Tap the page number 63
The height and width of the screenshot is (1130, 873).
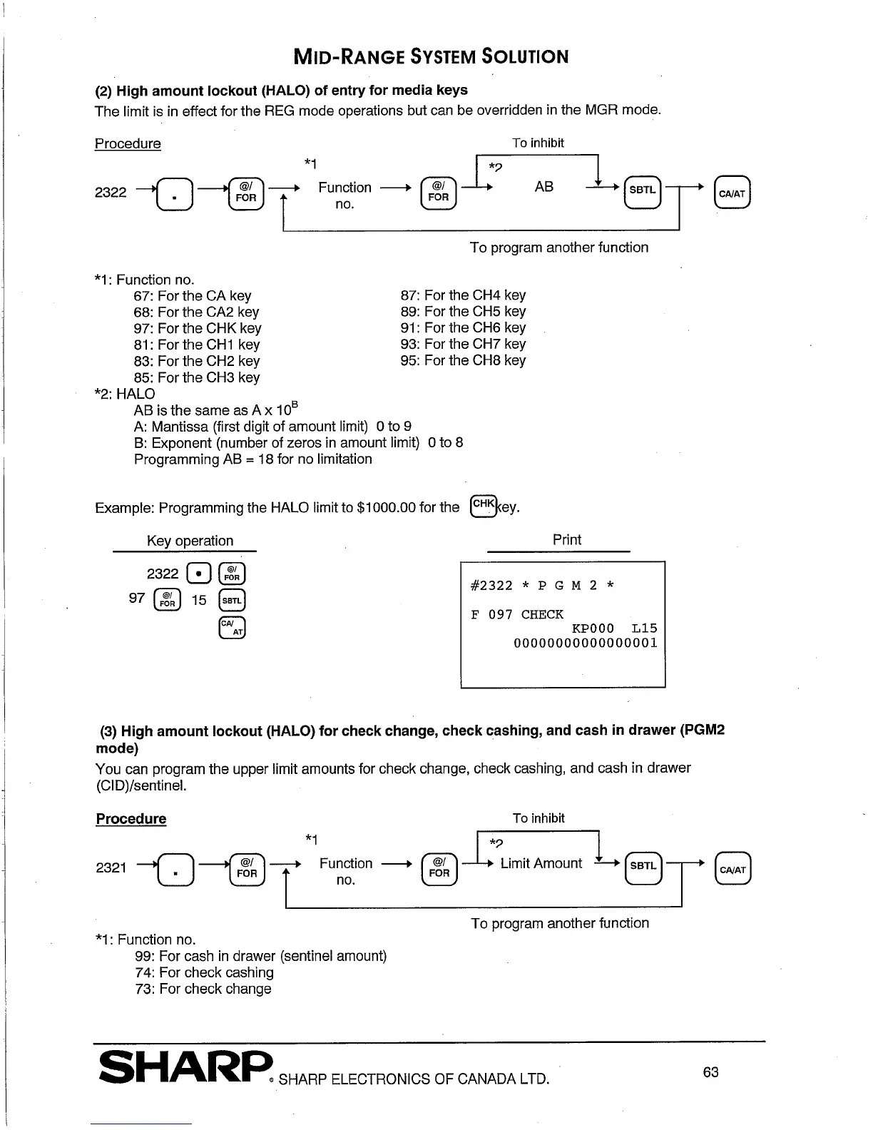pos(710,1072)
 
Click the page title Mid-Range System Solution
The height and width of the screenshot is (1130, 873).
pos(431,56)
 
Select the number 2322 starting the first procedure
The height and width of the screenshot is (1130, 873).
pos(111,192)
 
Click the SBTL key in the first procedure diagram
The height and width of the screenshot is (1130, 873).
pos(643,190)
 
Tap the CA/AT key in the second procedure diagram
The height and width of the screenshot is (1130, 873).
pos(732,869)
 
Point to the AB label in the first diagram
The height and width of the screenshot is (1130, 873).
pos(543,187)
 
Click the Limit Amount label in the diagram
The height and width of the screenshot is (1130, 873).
pos(541,863)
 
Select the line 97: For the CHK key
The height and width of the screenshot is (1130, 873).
pos(197,328)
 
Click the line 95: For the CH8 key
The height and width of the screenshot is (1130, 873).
pos(463,360)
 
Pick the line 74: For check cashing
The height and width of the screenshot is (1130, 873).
pos(204,972)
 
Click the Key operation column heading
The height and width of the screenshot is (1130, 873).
pos(190,541)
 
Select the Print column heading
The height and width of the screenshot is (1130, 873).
pos(566,540)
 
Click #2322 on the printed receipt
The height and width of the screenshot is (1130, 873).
pos(491,586)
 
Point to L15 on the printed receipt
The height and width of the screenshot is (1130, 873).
pos(644,628)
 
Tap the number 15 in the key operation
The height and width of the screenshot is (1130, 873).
pos(199,600)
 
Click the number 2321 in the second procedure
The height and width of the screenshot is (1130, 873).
pos(111,867)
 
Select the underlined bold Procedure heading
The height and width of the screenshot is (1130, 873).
pos(131,818)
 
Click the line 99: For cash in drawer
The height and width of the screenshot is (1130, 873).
pos(260,956)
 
